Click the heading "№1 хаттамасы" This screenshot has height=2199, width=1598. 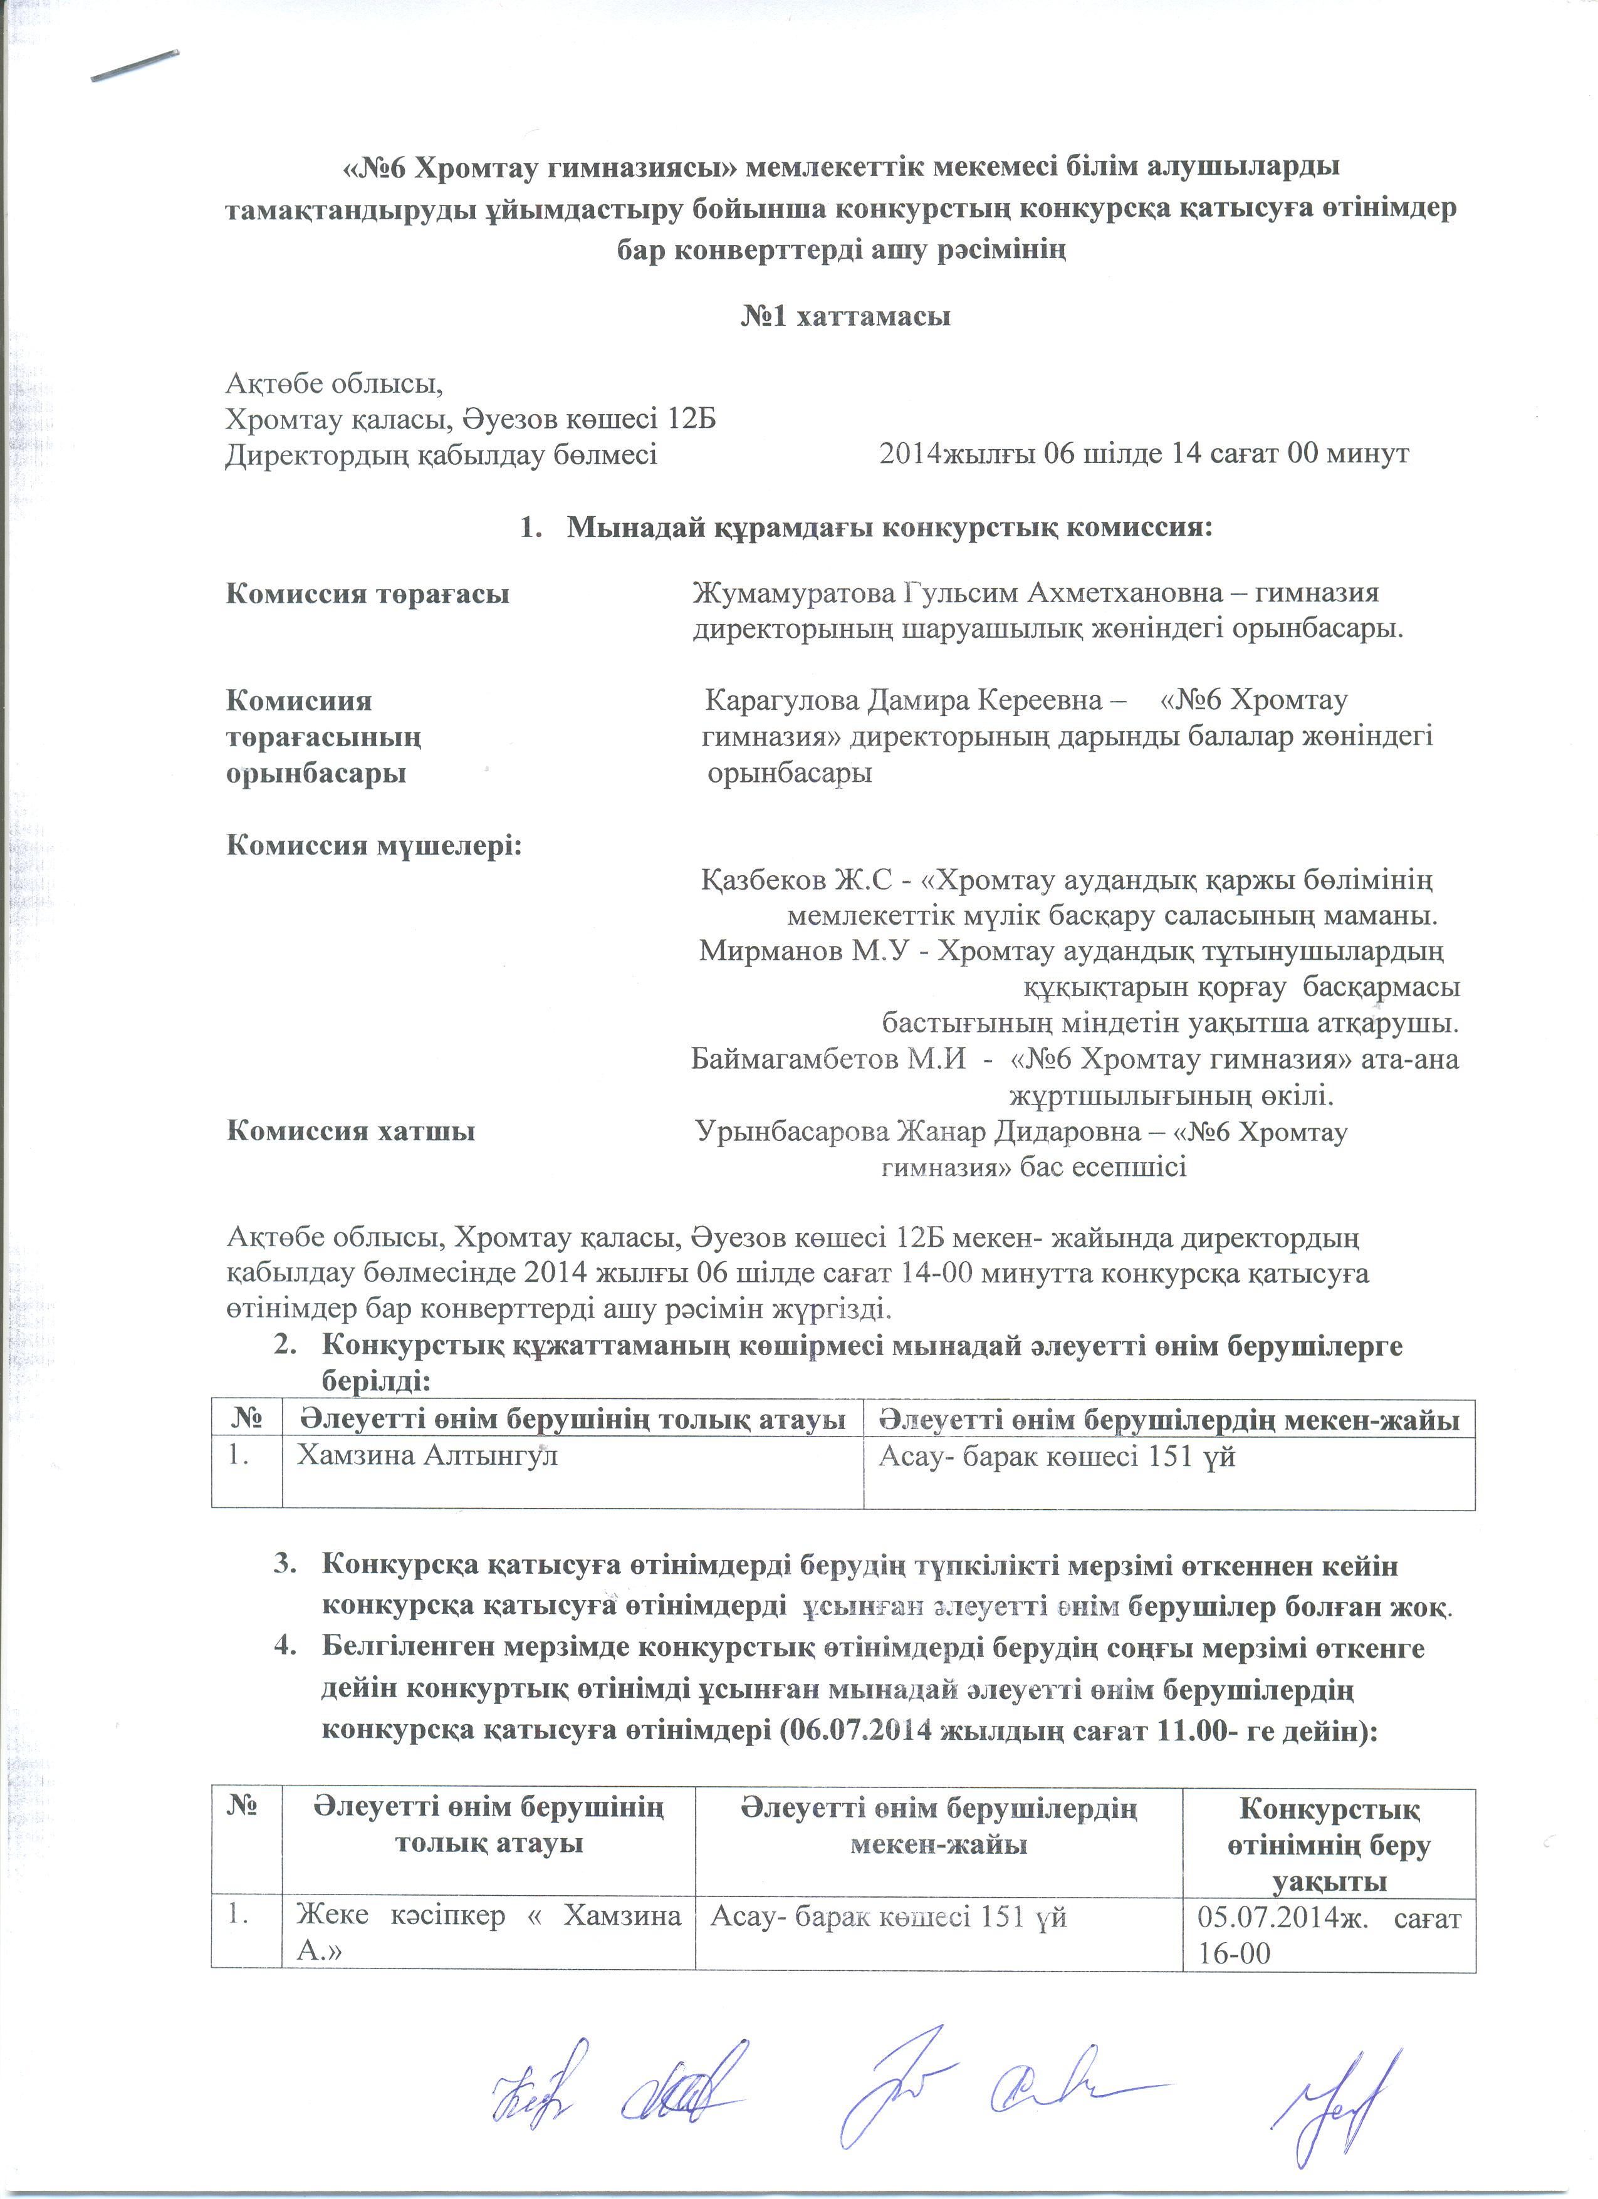845,317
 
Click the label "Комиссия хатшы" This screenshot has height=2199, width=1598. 350,1131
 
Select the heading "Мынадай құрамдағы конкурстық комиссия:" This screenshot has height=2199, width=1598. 889,528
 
